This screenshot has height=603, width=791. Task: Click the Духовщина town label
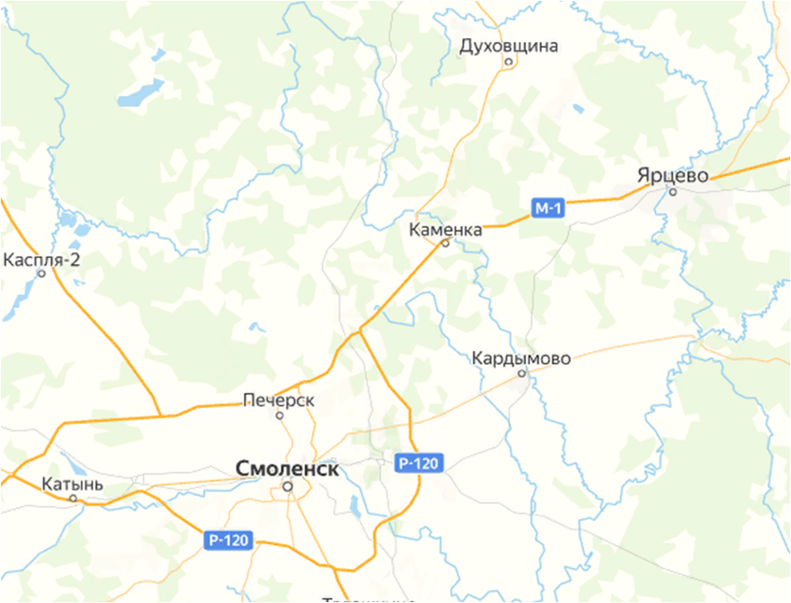click(x=509, y=45)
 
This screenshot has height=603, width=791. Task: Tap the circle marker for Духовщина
click(x=508, y=61)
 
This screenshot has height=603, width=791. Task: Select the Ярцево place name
click(x=672, y=175)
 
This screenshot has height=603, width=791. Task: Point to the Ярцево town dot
click(x=672, y=192)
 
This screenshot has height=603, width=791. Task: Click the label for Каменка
click(x=446, y=230)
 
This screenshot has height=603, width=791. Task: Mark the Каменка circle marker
click(x=446, y=244)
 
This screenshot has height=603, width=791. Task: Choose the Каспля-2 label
click(x=42, y=259)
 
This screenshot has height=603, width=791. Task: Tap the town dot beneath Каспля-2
click(x=41, y=273)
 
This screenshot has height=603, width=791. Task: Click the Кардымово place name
click(x=521, y=358)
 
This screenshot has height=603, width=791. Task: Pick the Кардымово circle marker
click(x=521, y=373)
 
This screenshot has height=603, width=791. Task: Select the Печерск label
click(x=279, y=400)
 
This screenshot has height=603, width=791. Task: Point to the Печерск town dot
click(x=279, y=415)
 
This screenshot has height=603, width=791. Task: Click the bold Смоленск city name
click(x=288, y=468)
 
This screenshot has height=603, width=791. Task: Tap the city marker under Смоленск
click(x=287, y=486)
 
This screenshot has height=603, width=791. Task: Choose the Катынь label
click(x=72, y=484)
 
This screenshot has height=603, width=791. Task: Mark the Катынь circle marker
click(x=72, y=498)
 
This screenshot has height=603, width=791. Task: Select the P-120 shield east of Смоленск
click(x=419, y=462)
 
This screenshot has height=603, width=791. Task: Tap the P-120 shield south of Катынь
click(x=229, y=540)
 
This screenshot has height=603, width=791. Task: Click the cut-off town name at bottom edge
click(x=370, y=599)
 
